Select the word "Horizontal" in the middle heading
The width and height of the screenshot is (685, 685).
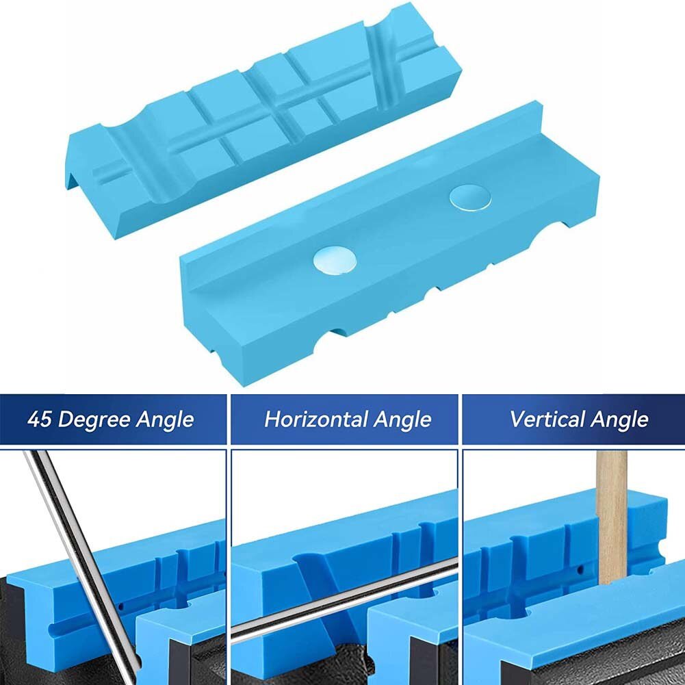[x=316, y=419]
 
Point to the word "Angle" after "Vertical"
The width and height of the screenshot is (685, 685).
[x=620, y=419]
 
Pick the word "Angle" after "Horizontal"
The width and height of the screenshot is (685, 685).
[x=402, y=419]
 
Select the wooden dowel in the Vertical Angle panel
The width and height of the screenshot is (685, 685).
[x=612, y=513]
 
